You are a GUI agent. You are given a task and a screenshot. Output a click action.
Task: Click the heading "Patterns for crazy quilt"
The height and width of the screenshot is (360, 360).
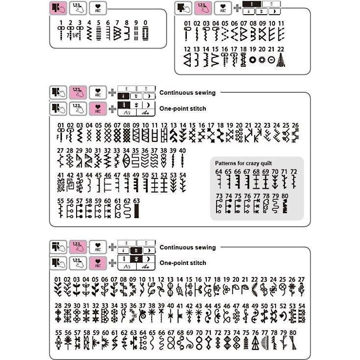pyautogui.click(x=243, y=162)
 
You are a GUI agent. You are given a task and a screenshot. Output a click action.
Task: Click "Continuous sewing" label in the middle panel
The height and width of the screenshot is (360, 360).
pyautogui.click(x=187, y=93)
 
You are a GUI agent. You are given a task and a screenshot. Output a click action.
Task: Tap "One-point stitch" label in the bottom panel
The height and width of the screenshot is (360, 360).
pyautogui.click(x=182, y=263)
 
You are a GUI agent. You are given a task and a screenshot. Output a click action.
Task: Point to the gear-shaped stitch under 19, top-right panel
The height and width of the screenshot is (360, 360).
pyautogui.click(x=253, y=60)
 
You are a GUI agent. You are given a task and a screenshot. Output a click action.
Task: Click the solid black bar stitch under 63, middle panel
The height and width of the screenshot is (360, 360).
pyautogui.click(x=137, y=210)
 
